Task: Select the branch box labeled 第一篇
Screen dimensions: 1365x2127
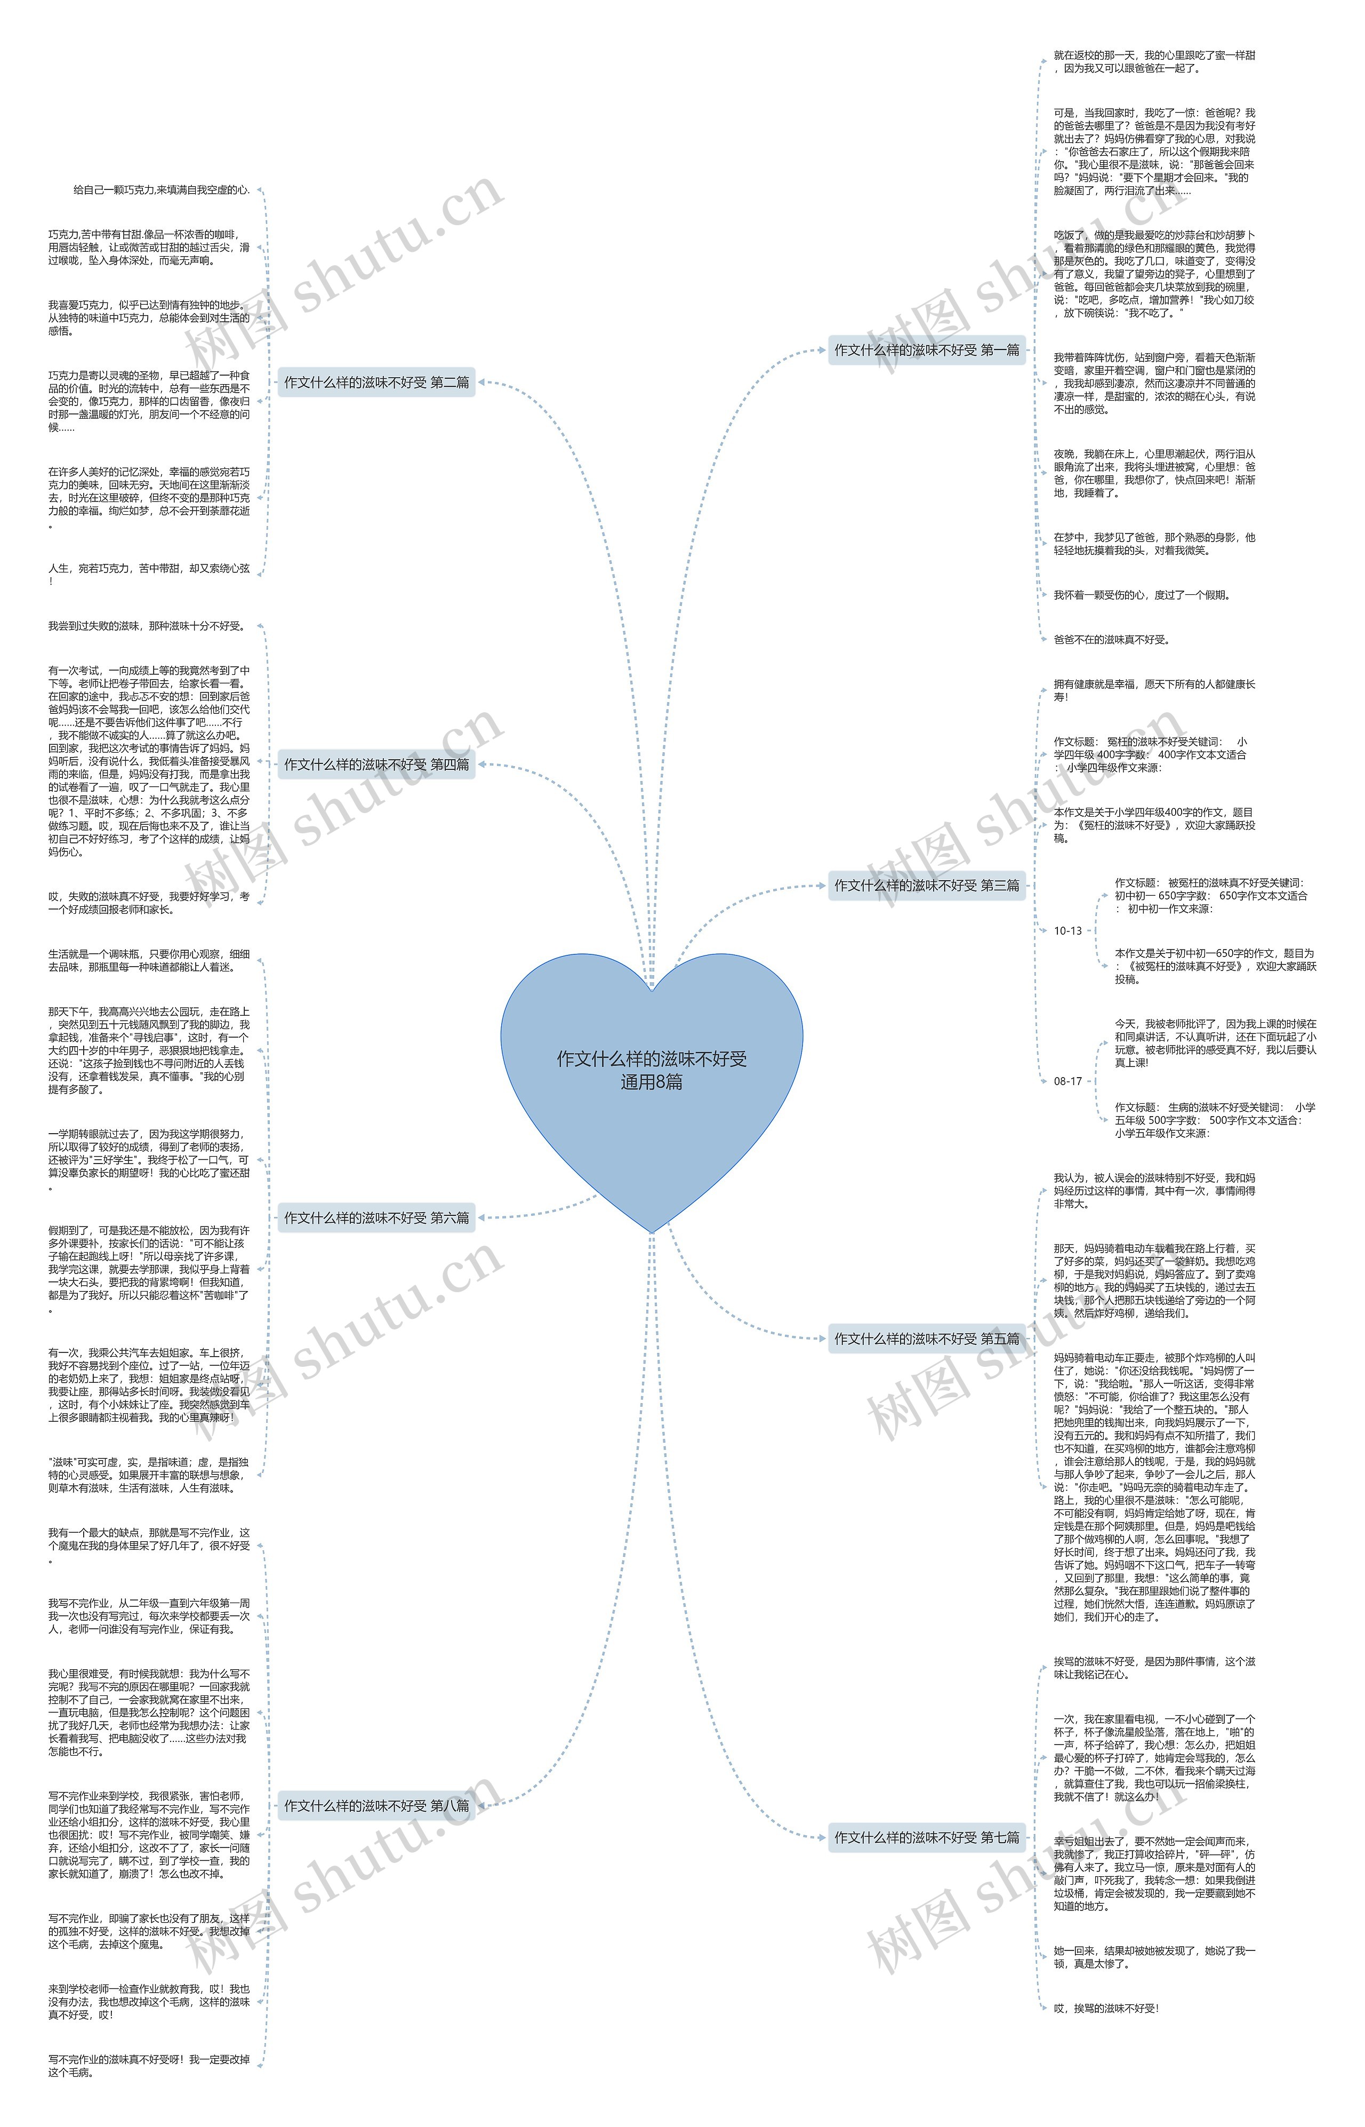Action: click(926, 350)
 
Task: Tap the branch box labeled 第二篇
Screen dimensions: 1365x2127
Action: click(376, 382)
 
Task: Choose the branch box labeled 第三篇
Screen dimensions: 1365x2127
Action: click(926, 885)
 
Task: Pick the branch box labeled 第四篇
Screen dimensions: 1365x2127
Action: click(376, 764)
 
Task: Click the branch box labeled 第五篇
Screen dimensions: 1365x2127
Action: click(926, 1339)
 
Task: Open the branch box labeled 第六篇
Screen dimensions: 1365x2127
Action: click(376, 1218)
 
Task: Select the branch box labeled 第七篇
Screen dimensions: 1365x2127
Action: click(926, 1838)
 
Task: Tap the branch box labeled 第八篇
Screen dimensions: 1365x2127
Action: click(376, 1806)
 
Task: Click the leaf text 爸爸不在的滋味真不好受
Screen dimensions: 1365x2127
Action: click(1112, 639)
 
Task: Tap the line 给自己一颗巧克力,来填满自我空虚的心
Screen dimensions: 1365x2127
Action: click(162, 190)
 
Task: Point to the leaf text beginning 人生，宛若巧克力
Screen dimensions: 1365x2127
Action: click(148, 575)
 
